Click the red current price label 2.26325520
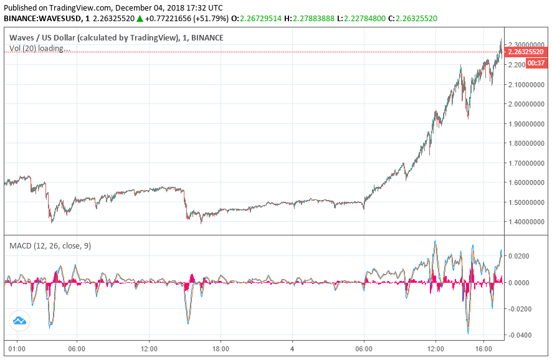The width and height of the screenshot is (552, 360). (527, 52)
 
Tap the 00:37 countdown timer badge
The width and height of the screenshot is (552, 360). (536, 63)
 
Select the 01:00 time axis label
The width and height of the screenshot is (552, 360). (16, 349)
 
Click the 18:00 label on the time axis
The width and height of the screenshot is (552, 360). (221, 349)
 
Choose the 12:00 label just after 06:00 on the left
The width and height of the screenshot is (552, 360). (149, 349)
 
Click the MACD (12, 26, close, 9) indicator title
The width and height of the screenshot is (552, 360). (50, 246)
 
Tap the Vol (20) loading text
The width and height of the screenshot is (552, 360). (40, 48)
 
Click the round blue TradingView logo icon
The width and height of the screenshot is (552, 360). (19, 320)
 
